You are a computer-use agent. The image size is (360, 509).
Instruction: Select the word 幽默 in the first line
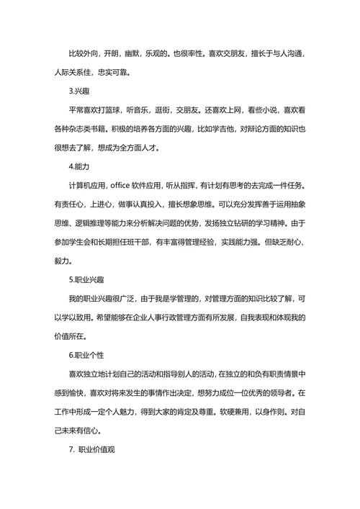(x=132, y=53)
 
